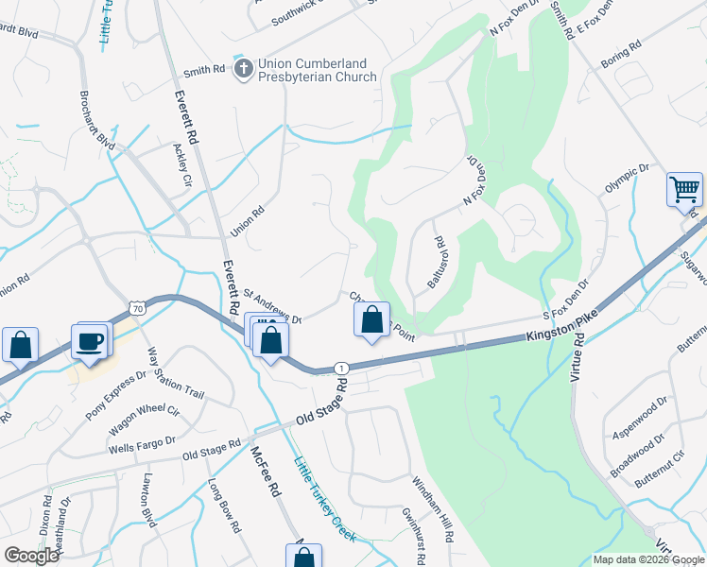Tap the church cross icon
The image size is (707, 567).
(x=243, y=67)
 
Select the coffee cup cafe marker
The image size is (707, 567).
(x=91, y=341)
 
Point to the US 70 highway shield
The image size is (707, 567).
(x=138, y=307)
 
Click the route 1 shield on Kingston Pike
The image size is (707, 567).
(x=341, y=367)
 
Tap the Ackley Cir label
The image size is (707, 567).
(x=181, y=164)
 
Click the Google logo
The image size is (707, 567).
(x=32, y=555)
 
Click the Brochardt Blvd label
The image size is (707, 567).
(x=96, y=123)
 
